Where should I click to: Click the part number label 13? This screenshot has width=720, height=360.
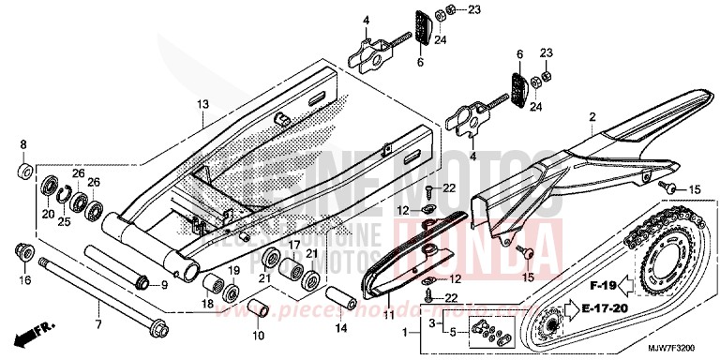[x=201, y=105]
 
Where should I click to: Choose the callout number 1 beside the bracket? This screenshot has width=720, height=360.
[x=404, y=332]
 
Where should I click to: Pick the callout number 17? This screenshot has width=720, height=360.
[x=292, y=243]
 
